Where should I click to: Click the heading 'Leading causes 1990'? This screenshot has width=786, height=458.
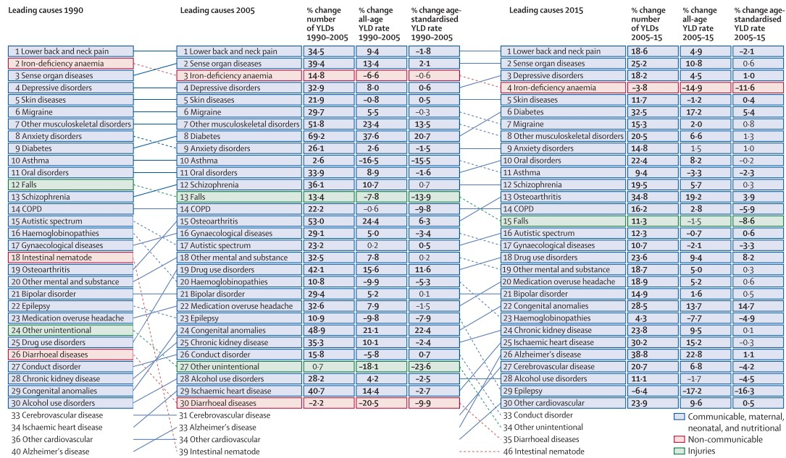point(46,10)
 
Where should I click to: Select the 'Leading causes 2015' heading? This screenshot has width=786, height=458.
point(546,10)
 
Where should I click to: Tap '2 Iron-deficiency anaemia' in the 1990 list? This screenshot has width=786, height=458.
point(71,64)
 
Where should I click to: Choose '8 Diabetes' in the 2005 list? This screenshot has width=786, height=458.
point(239,136)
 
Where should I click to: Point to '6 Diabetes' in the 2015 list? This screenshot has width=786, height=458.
point(563,112)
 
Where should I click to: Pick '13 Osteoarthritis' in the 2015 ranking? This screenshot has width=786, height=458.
point(563,197)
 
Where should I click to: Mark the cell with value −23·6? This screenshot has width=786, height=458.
point(434,367)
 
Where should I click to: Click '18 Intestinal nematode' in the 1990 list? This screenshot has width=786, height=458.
point(71,258)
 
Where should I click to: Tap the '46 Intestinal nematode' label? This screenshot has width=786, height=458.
point(543,451)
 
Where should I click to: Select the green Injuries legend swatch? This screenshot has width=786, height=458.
point(680,451)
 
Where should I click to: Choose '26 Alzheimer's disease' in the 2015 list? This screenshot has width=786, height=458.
point(563,355)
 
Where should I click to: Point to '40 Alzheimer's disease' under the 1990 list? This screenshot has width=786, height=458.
point(50,451)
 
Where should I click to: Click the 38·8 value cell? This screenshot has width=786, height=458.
point(653,355)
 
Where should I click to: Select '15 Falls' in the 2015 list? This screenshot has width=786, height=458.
point(563,221)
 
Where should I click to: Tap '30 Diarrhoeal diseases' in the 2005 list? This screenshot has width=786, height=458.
point(239,403)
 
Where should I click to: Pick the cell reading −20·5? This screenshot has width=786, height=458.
point(381,403)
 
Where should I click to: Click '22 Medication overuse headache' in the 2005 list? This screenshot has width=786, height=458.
point(239,306)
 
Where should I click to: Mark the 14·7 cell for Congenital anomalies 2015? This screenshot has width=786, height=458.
point(758,306)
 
